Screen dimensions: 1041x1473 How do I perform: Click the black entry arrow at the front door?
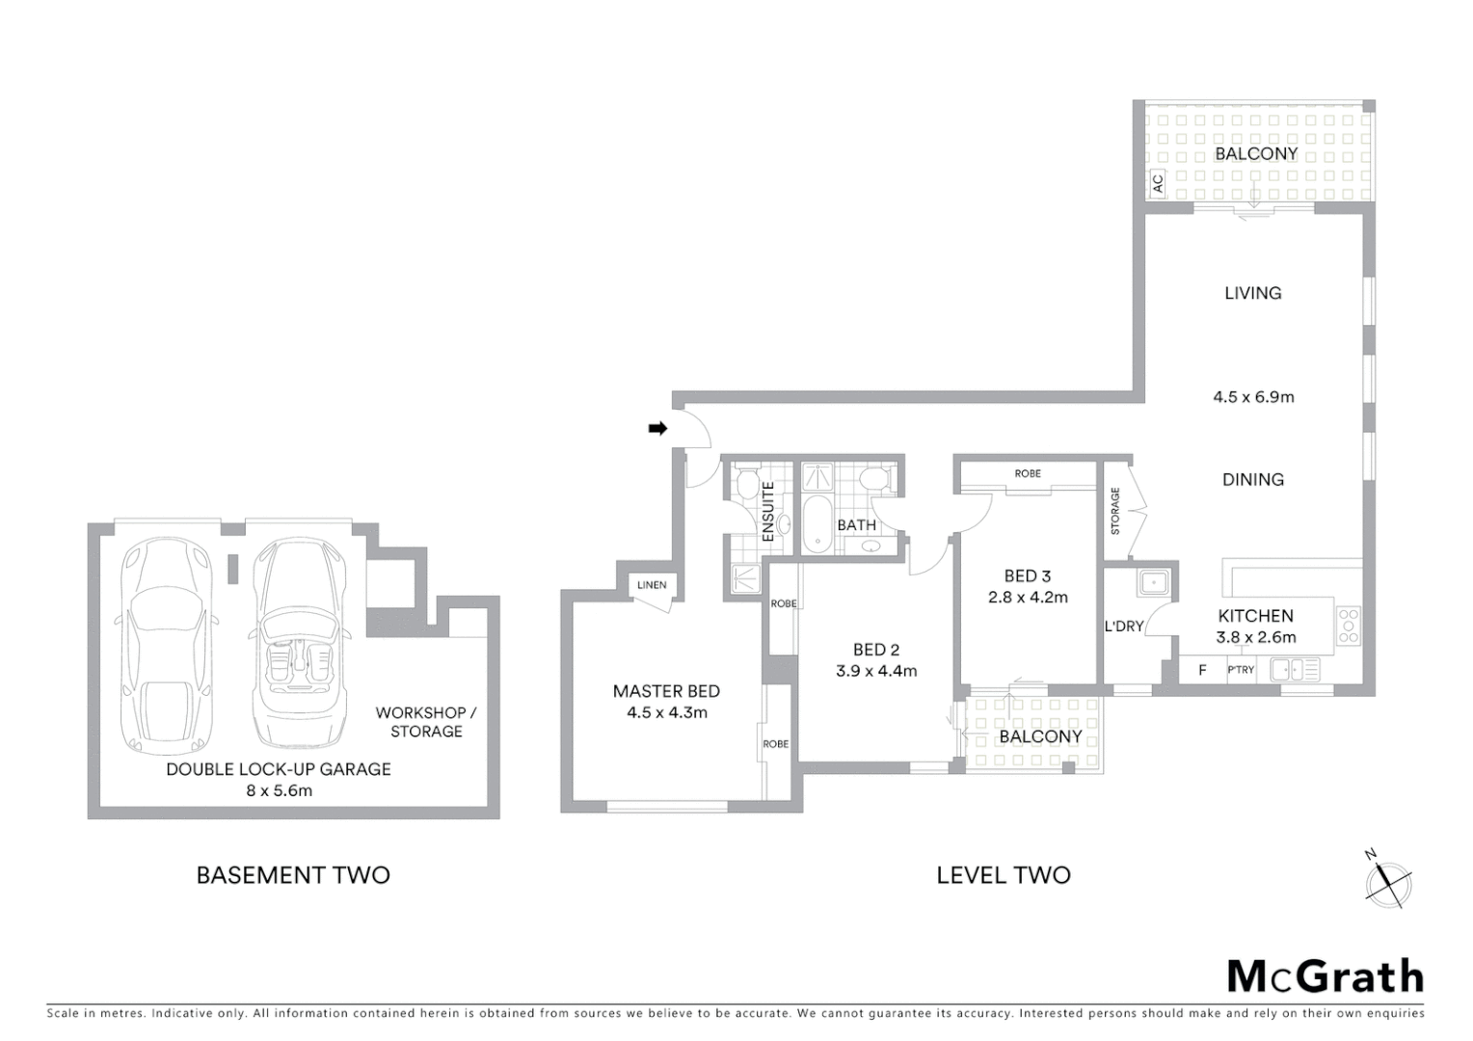pos(657,428)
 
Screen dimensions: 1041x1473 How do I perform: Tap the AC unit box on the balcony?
pos(1158,181)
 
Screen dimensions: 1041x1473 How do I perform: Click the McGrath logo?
pos(1325,976)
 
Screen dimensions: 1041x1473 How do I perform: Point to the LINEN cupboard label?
pos(652,585)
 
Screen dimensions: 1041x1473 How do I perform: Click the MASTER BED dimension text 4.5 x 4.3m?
pos(666,713)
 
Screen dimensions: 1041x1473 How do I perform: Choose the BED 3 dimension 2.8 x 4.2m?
pos(1028,598)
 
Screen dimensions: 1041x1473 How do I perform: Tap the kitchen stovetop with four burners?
pos(1348,625)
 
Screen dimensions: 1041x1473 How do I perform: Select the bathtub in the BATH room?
pos(817,525)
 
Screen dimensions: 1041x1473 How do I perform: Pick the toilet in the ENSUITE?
pos(745,481)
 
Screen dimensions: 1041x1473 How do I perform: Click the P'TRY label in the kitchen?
pos(1240,670)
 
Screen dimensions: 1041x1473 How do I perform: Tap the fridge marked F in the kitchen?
pos(1201,670)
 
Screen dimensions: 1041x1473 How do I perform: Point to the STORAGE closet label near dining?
pos(1115,511)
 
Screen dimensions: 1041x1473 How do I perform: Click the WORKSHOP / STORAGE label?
pos(426,722)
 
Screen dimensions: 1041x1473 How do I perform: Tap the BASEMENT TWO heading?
pos(293,875)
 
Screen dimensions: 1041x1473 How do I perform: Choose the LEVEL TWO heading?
pos(1003,875)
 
